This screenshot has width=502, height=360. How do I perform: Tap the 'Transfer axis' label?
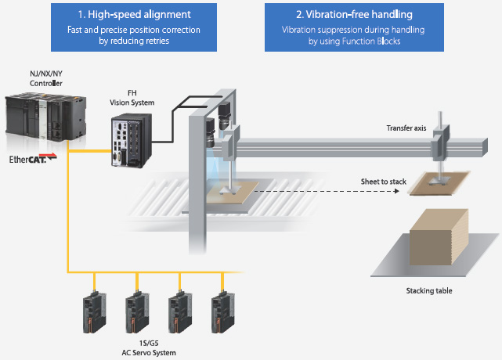pyautogui.click(x=406, y=128)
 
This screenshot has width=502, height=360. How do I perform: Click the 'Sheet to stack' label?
pyautogui.click(x=383, y=182)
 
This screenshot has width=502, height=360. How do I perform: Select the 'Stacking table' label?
pyautogui.click(x=428, y=291)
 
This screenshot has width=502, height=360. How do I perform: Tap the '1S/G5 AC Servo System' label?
pyautogui.click(x=153, y=348)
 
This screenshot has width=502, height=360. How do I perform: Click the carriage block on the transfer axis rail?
pyautogui.click(x=443, y=141)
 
